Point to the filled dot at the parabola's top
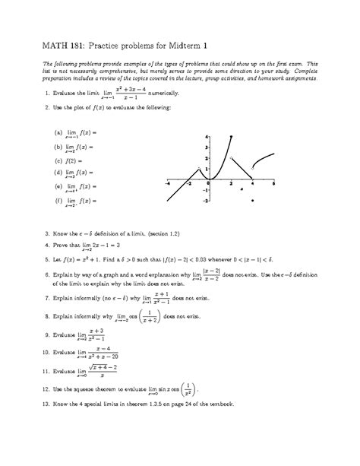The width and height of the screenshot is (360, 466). [230, 136]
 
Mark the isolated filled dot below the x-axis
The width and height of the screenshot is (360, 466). [251, 200]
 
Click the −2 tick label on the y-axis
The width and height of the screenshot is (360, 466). [205, 200]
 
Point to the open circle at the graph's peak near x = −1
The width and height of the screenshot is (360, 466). [199, 168]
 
